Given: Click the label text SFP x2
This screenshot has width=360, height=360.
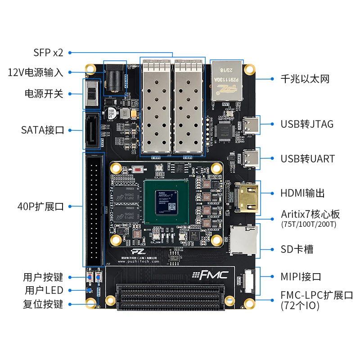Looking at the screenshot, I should click(x=48, y=53).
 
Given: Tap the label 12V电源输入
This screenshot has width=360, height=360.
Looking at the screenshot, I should click(x=36, y=72).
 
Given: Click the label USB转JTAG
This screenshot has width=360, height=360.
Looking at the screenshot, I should click(x=307, y=124).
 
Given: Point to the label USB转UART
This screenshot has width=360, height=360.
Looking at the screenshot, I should click(x=308, y=158).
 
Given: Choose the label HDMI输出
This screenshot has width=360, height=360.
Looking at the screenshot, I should click(x=303, y=193).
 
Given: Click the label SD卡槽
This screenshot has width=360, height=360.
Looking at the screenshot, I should click(x=297, y=249).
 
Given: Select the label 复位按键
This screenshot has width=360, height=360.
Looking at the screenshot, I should click(x=43, y=304).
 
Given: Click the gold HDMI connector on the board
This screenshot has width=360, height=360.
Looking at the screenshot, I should click(x=247, y=199).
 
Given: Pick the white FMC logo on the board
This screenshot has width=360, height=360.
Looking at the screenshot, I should click(x=210, y=274).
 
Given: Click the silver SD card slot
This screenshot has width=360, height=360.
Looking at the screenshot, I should click(x=243, y=240).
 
